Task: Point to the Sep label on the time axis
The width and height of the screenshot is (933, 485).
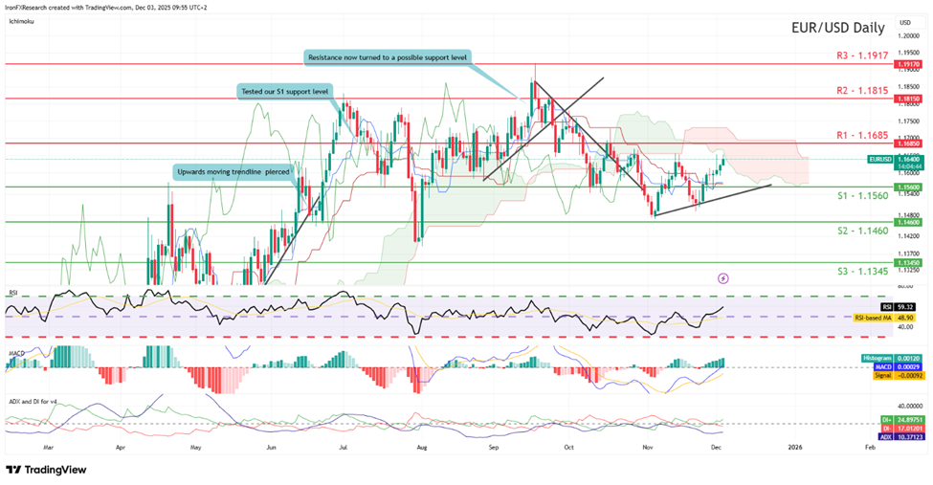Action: [494, 446]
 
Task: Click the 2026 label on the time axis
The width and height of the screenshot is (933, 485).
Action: [794, 446]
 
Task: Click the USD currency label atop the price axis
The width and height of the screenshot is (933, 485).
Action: [905, 21]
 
